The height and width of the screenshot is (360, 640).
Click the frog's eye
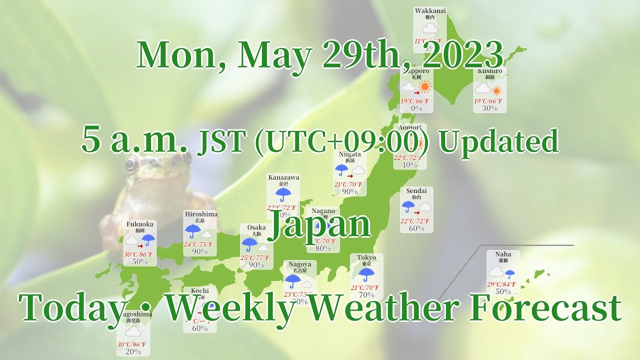point(131,163)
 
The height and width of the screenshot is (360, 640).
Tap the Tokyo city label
point(366,257)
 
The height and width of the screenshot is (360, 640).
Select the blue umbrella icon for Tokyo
point(366,274)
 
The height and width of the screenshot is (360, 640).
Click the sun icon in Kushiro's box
point(496,90)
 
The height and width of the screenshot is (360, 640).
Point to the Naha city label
point(503,254)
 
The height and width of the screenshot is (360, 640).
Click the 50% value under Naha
point(503,291)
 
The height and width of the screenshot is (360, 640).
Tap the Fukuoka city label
point(139,224)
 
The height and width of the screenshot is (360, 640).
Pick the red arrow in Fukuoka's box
point(140,245)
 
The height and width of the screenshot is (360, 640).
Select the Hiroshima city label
point(201,214)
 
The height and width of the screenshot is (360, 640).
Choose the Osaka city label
point(256,227)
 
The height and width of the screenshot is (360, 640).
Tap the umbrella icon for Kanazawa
point(283,194)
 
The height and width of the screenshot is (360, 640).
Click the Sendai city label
point(416,190)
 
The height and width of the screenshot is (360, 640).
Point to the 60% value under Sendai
point(416,228)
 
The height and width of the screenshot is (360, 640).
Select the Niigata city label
point(349,154)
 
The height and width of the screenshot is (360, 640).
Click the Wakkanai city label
point(430,10)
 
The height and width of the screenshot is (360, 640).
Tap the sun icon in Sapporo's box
point(425,87)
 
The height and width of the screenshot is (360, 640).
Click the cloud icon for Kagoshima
point(133,331)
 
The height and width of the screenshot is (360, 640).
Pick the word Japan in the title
point(320,226)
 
